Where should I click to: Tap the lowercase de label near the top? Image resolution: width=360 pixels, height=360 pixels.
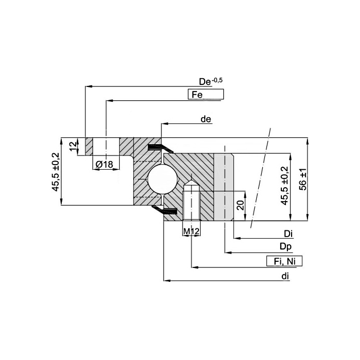(x=206, y=119)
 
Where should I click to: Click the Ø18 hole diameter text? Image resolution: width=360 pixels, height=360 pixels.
(x=104, y=164)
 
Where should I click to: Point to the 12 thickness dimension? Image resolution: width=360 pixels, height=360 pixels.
(x=73, y=146)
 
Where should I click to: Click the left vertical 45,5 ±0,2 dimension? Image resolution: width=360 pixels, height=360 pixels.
(x=56, y=172)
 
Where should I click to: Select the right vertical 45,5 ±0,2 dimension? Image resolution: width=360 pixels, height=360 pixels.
(x=284, y=187)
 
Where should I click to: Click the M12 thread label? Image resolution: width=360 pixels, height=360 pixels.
(x=191, y=232)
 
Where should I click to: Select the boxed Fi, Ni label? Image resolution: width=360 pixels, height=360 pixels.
(x=284, y=261)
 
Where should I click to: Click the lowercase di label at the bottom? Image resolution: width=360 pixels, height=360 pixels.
(x=285, y=276)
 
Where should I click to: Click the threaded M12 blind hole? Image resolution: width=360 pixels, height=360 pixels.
(x=191, y=203)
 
